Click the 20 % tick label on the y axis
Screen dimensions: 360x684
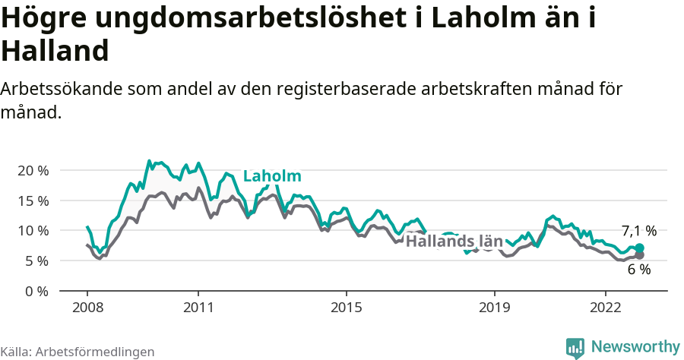tap(33, 170)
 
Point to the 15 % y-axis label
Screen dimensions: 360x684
tap(33, 201)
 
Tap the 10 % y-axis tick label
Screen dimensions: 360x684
tap(33, 230)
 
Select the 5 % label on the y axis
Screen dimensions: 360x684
tap(36, 261)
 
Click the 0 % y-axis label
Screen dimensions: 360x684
tap(36, 291)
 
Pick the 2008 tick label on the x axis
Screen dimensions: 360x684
tap(87, 308)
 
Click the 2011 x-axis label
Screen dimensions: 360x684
tap(198, 308)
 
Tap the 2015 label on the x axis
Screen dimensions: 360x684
tap(347, 308)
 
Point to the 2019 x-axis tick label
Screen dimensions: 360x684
tap(495, 308)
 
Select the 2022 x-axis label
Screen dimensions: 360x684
tap(606, 308)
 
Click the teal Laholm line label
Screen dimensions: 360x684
tap(272, 177)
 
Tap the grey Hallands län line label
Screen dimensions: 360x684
tap(454, 242)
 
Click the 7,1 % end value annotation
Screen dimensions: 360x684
tap(638, 230)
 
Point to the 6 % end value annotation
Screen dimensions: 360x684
tap(638, 269)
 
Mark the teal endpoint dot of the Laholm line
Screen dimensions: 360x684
tap(640, 248)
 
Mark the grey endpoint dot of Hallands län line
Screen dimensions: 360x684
tap(640, 255)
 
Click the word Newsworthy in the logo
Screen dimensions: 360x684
tap(635, 347)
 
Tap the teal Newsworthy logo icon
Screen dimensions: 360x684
tap(575, 348)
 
